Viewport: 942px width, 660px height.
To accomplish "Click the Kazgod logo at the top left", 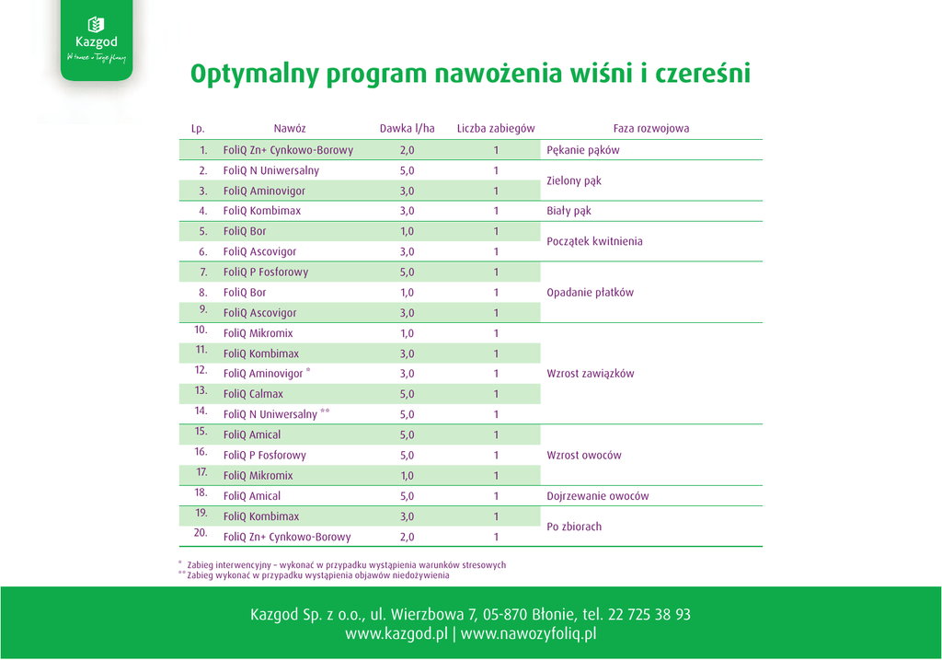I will point(97,40).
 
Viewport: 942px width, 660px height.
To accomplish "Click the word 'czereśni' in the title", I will point(702,74).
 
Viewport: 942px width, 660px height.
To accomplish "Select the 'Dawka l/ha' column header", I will point(407,129).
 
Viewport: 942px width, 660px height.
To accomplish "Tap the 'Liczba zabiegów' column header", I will point(496,129).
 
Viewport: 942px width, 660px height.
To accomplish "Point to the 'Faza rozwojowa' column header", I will point(651,129).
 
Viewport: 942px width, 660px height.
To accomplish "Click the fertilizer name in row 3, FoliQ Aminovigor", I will point(264,191).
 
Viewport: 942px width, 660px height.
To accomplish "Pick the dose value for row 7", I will point(407,272).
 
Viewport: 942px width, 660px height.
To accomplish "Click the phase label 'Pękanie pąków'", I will point(583,150).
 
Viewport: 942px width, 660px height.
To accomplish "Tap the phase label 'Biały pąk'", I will point(569,211).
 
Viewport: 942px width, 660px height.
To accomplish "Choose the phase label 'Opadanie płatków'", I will point(590,293).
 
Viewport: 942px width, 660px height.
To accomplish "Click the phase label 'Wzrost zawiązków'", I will point(590,374).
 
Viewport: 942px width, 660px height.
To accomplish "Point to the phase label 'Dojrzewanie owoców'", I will point(597,496).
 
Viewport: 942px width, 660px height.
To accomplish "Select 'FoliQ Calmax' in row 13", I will point(253,394).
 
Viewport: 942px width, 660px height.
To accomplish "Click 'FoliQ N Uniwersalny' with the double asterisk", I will point(270,415).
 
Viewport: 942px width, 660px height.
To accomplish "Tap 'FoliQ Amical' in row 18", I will point(252,496).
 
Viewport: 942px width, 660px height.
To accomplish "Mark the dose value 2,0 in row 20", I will point(407,537).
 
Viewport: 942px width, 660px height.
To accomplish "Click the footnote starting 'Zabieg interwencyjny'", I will point(346,565).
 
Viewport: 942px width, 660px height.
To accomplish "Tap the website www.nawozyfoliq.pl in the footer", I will point(529,634).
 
